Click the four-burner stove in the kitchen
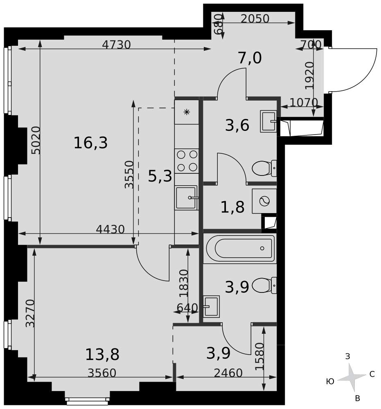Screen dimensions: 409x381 coord(187,161)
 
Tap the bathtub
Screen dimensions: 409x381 coord(240,248)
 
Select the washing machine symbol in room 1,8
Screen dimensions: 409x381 coord(264,201)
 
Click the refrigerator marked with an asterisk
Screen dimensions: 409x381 coord(187,112)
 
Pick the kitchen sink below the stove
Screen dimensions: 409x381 coord(187,198)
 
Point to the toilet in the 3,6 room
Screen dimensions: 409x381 coord(263,168)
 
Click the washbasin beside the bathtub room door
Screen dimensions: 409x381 coord(212,306)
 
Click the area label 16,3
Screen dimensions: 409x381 coord(90,143)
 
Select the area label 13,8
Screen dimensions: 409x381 coord(102,355)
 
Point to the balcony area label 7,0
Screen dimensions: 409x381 coord(250,58)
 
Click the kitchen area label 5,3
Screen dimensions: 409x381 coord(160,177)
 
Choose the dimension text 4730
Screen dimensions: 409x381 coord(116,45)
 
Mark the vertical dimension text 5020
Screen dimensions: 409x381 coord(36,140)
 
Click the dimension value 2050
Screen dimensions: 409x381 coord(255,19)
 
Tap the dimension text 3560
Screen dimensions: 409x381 coord(102,373)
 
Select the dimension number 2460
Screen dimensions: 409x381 coord(228,373)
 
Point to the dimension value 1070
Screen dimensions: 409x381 coord(303,102)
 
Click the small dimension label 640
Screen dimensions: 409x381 coord(187,308)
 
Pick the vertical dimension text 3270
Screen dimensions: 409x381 coord(30,313)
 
